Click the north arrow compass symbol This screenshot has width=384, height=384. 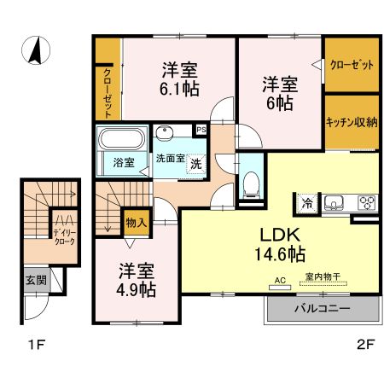click(37, 51)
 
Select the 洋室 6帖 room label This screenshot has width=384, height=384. click(279, 92)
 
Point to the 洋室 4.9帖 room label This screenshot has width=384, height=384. click(136, 281)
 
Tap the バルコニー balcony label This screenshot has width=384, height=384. click(322, 308)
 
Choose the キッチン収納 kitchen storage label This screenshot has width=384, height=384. click(352, 122)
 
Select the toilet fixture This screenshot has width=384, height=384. click(251, 181)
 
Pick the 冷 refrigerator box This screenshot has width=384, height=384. click(305, 203)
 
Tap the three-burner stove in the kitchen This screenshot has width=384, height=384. click(367, 202)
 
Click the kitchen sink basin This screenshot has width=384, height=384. click(334, 202)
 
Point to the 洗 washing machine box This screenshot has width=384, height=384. click(195, 163)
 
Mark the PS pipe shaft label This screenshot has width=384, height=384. click(201, 130)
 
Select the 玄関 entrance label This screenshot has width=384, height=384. click(35, 279)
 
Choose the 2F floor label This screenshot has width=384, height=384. click(364, 346)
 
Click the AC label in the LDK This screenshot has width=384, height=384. click(279, 279)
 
